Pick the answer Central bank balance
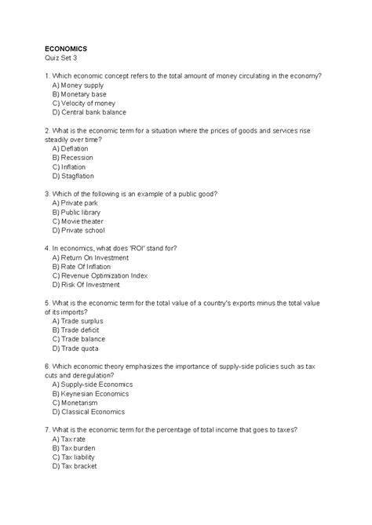[x=89, y=112]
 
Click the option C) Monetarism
[x=75, y=403]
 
